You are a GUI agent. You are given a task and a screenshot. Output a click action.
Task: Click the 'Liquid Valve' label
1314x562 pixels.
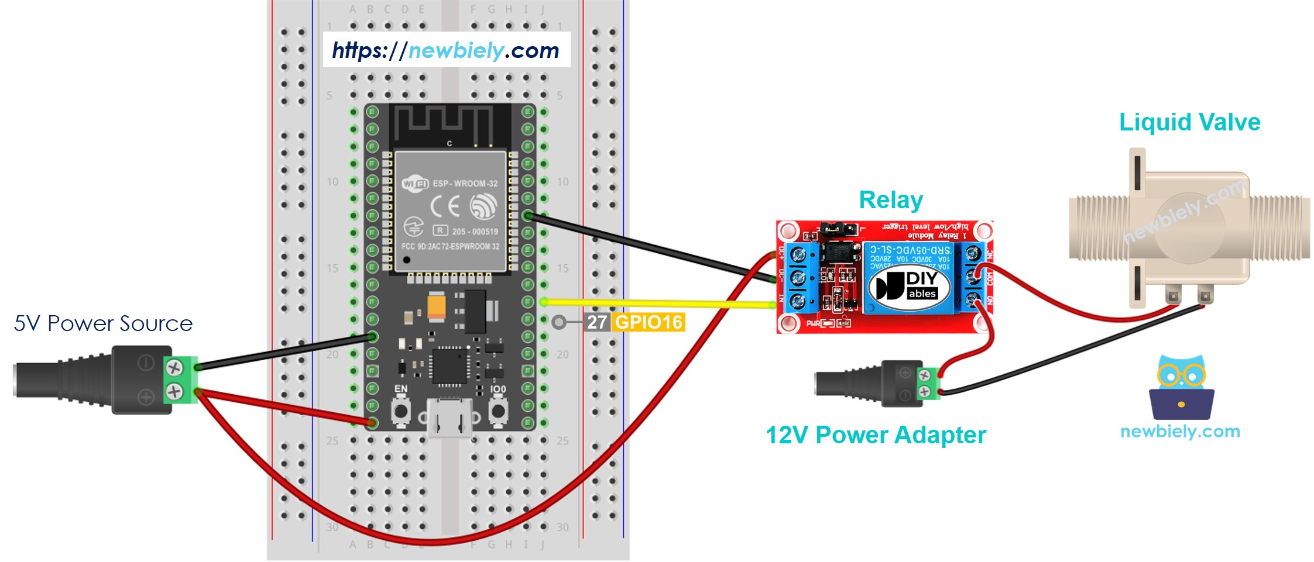click(x=1189, y=123)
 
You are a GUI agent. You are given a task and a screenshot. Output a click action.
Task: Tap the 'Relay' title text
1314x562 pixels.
click(x=890, y=201)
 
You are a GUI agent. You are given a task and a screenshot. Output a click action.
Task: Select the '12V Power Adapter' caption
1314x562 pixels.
click(x=876, y=436)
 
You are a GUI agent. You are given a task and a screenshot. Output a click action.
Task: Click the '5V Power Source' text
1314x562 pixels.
click(x=103, y=323)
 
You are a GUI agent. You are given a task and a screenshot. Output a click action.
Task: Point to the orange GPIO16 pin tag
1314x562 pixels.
click(x=649, y=322)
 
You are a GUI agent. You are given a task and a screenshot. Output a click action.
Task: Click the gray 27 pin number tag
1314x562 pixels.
click(x=596, y=322)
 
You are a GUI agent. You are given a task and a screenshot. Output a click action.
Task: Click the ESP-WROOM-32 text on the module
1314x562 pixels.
click(x=465, y=184)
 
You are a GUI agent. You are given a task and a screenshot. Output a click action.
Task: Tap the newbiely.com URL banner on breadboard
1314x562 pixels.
click(x=446, y=50)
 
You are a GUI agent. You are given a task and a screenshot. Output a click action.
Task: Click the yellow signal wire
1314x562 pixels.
click(x=656, y=303)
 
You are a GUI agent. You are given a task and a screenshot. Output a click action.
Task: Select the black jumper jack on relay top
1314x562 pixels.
click(x=838, y=227)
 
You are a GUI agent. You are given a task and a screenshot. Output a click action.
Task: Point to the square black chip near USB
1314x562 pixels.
click(x=450, y=366)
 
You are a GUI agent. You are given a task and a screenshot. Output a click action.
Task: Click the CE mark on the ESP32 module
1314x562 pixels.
click(x=445, y=206)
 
